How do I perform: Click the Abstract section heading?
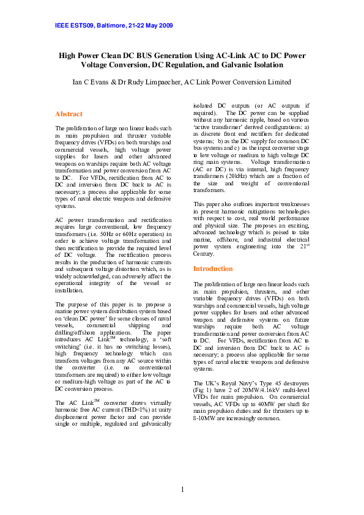point(69,114)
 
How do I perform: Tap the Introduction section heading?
point(213,269)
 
